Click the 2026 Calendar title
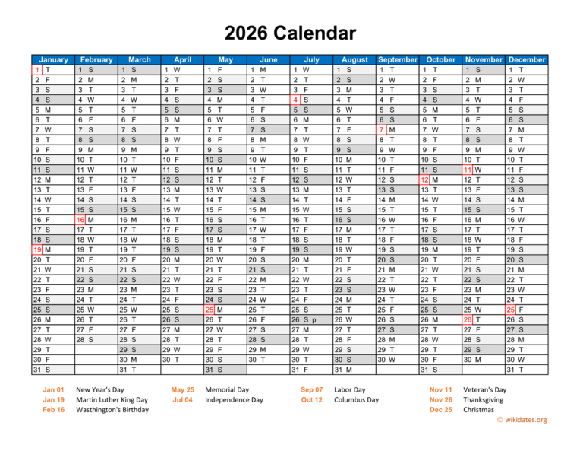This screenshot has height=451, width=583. pyautogui.click(x=291, y=33)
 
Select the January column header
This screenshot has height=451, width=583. pyautogui.click(x=52, y=59)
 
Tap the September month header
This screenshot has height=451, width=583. pyautogui.click(x=398, y=59)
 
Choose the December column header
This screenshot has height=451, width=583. pyautogui.click(x=527, y=59)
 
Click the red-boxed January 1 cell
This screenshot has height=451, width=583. pyautogui.click(x=37, y=70)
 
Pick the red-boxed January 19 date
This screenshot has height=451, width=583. pyautogui.click(x=37, y=249)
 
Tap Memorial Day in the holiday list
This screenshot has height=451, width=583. pyautogui.click(x=226, y=389)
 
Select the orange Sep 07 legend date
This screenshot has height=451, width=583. pyautogui.click(x=311, y=389)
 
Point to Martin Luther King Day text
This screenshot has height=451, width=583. pyautogui.click(x=112, y=399)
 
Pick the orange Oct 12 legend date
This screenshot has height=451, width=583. pyautogui.click(x=311, y=399)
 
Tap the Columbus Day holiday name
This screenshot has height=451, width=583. pyautogui.click(x=357, y=399)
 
